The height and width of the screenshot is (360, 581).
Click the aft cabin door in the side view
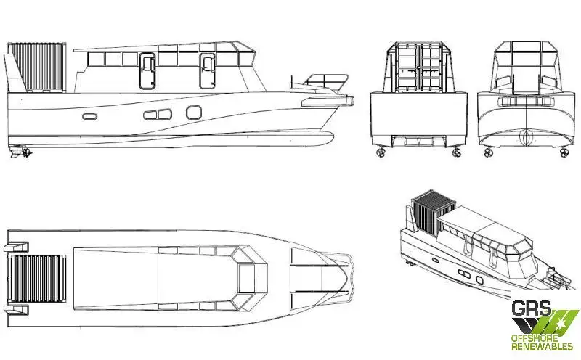(147, 71)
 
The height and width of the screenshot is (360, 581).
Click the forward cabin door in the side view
(207, 71)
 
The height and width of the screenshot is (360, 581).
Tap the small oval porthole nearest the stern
(89, 116)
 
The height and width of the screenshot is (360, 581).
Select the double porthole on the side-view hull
(158, 114)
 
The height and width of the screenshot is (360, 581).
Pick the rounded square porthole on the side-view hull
(194, 112)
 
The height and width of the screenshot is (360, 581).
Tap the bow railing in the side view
(326, 83)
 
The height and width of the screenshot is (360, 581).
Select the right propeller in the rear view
(456, 152)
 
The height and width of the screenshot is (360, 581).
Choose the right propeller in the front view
(565, 152)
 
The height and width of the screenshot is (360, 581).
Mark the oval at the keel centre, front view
(526, 138)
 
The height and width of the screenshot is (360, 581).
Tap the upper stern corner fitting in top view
(16, 246)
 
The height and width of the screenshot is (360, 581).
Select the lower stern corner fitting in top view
(16, 308)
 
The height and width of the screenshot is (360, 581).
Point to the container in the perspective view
(428, 212)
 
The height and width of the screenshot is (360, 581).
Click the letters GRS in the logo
(532, 308)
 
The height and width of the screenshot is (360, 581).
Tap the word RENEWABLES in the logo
(542, 347)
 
